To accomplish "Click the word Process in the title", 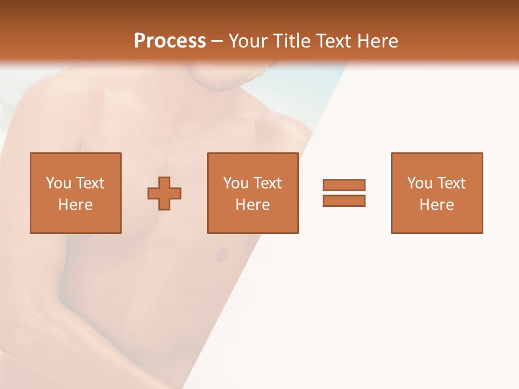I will [x=170, y=41].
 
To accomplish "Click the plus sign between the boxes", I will [x=164, y=193].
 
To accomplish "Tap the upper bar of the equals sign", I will [x=344, y=185].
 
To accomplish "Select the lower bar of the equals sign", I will [x=344, y=200].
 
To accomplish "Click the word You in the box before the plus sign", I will [x=58, y=183].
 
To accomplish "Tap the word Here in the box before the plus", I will [x=75, y=205].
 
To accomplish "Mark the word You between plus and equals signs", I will [x=236, y=183].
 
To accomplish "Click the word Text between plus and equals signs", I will [x=267, y=183].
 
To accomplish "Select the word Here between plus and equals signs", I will [x=252, y=205].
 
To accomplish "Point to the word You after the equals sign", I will [x=420, y=183].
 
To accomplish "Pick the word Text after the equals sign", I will [x=450, y=183].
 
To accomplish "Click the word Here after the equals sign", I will [x=436, y=205].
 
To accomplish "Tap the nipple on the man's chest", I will [x=222, y=254].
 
